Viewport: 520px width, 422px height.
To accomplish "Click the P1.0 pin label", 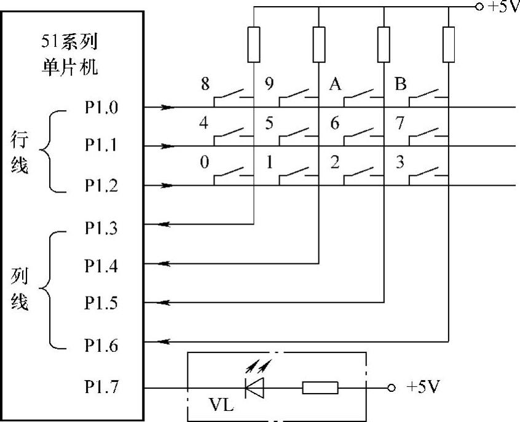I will [101, 108].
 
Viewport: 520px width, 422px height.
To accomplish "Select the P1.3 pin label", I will [101, 229].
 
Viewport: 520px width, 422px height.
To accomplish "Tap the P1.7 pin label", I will [101, 388].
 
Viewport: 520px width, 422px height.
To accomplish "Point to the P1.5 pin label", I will [101, 303].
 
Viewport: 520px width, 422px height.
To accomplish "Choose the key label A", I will [335, 84].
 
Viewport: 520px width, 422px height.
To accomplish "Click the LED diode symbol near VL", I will [254, 388].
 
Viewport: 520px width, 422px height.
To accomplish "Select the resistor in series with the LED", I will [320, 388].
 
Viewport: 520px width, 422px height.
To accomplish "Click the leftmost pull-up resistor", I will [254, 44].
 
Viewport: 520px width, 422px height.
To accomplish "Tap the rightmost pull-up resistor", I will [449, 44].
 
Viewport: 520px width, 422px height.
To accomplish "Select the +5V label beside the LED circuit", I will [423, 388].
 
